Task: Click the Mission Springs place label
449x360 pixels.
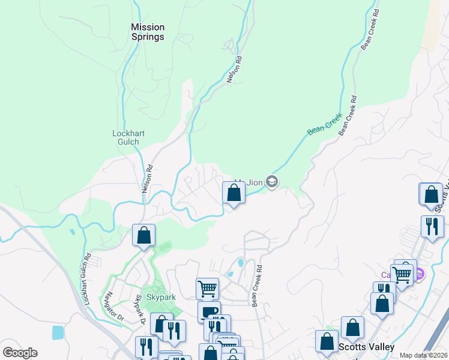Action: (x=148, y=32)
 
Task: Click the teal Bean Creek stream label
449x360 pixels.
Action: (x=324, y=124)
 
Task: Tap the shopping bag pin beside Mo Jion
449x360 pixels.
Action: (x=234, y=193)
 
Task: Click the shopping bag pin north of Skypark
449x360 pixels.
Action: (x=143, y=235)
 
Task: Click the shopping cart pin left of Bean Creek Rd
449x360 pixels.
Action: (x=207, y=289)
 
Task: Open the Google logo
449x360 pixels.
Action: (x=20, y=353)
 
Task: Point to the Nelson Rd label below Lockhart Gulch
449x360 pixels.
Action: (x=147, y=179)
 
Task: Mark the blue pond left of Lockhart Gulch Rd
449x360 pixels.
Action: (x=58, y=332)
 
